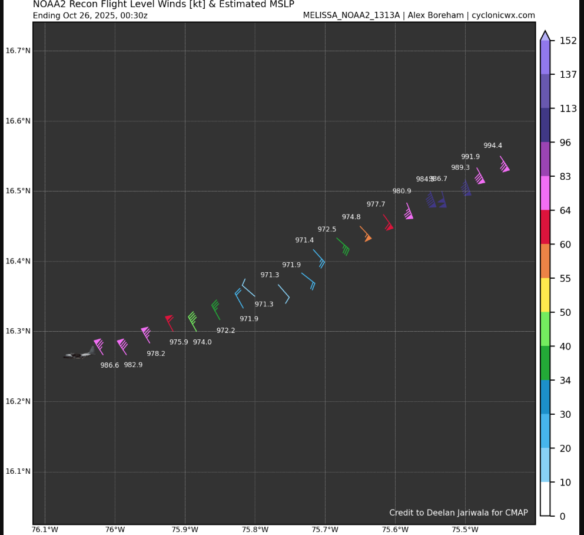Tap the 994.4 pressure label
pyautogui.click(x=493, y=146)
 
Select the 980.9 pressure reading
pyautogui.click(x=401, y=191)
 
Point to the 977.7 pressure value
pyautogui.click(x=376, y=204)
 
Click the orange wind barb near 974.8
pyautogui.click(x=366, y=234)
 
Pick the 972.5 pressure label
pyautogui.click(x=327, y=229)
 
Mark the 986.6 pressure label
pyautogui.click(x=109, y=365)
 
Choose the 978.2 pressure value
pyautogui.click(x=156, y=354)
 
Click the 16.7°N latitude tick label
pyautogui.click(x=18, y=51)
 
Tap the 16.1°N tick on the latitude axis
pyautogui.click(x=18, y=471)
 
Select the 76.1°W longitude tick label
pyautogui.click(x=45, y=529)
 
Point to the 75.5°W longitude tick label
pyautogui.click(x=465, y=529)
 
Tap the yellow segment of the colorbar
pyautogui.click(x=545, y=295)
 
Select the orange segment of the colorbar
pyautogui.click(x=545, y=260)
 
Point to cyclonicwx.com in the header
pyautogui.click(x=503, y=15)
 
